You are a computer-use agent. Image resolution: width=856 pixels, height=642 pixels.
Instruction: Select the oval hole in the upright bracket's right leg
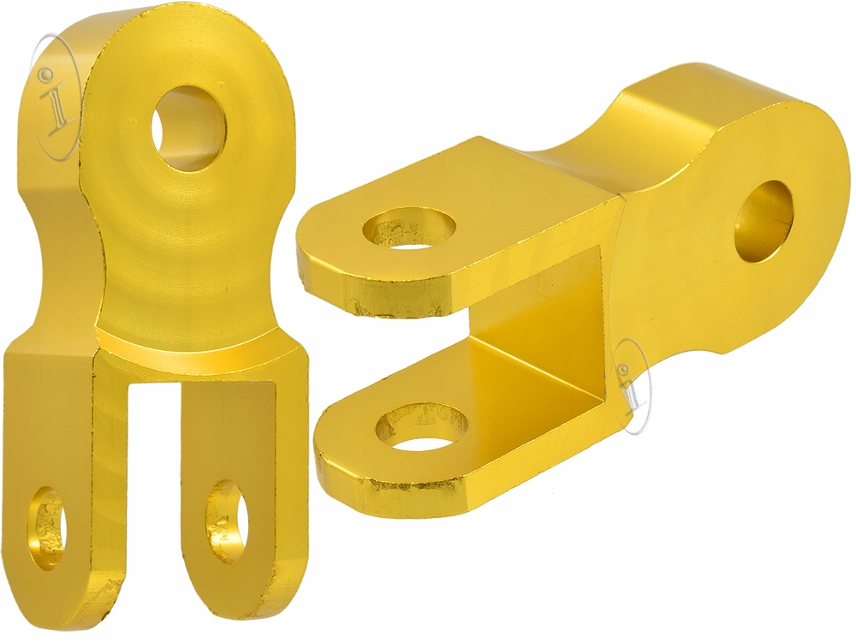coord(227,521)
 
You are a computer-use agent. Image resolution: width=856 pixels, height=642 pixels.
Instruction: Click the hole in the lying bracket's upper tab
coord(409,228)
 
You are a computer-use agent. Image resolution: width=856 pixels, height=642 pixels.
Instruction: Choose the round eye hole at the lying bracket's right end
coord(764,221)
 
